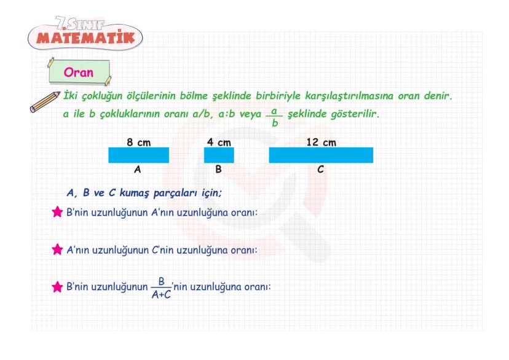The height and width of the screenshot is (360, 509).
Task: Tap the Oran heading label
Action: tap(78, 72)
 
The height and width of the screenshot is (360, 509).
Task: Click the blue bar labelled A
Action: tap(138, 155)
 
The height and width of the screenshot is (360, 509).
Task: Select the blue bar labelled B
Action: tap(219, 155)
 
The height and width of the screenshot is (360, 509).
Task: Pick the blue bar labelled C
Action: tap(321, 155)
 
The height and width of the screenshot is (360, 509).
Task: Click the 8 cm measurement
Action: tap(139, 142)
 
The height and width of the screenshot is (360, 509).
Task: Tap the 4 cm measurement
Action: tap(219, 142)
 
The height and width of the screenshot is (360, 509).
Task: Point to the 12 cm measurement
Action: tap(321, 142)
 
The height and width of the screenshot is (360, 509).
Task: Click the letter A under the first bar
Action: tap(138, 170)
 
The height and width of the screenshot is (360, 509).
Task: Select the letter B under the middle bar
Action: tap(219, 170)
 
